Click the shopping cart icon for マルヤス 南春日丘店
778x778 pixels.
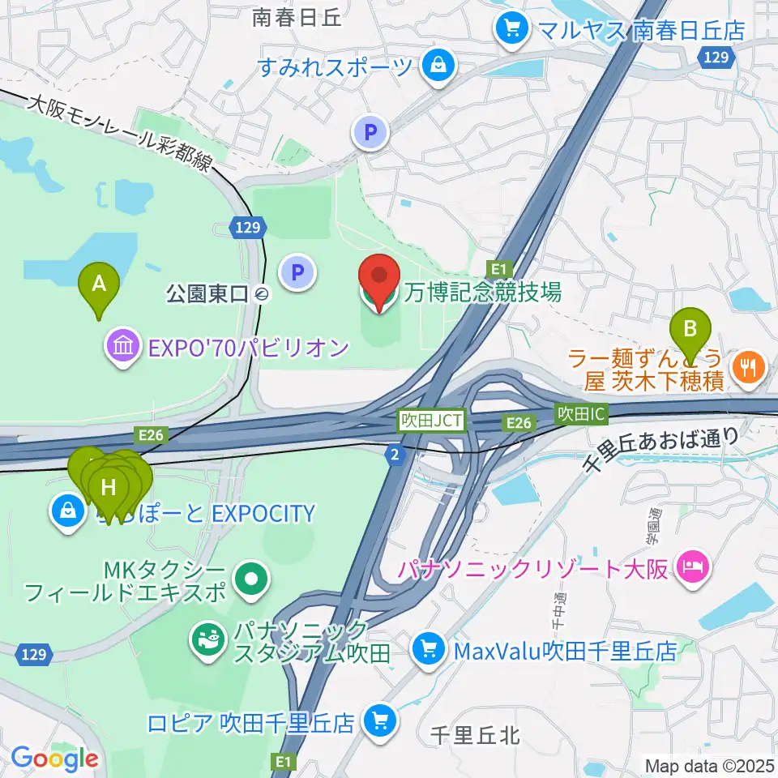[511, 29]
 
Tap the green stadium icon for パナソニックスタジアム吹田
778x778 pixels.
[205, 639]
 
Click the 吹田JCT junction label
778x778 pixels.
[432, 421]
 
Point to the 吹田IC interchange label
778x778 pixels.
[580, 414]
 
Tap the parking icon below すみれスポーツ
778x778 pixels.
[370, 131]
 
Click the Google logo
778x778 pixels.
[54, 759]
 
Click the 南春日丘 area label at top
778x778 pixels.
[297, 17]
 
